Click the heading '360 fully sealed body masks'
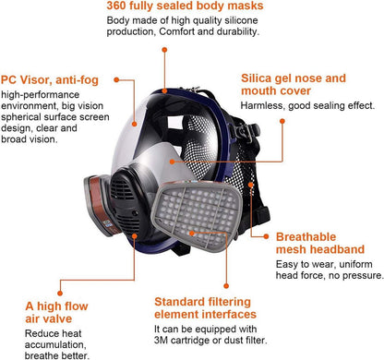(x=185, y=6)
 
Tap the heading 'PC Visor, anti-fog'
(x=50, y=80)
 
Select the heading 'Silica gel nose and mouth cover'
(x=294, y=84)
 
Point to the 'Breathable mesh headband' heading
(x=320, y=243)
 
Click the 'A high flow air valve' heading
(x=56, y=312)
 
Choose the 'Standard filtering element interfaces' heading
(x=205, y=308)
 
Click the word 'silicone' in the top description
(x=241, y=20)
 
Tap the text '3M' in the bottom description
(x=161, y=341)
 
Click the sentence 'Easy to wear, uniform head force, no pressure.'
(x=330, y=270)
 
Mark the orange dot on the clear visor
(x=135, y=124)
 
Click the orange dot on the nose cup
(x=172, y=162)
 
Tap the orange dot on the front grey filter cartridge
(x=192, y=234)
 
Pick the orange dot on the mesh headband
(x=251, y=185)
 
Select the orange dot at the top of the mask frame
(x=165, y=90)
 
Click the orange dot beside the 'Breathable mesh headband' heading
(x=266, y=236)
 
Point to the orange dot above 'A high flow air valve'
(x=60, y=294)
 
